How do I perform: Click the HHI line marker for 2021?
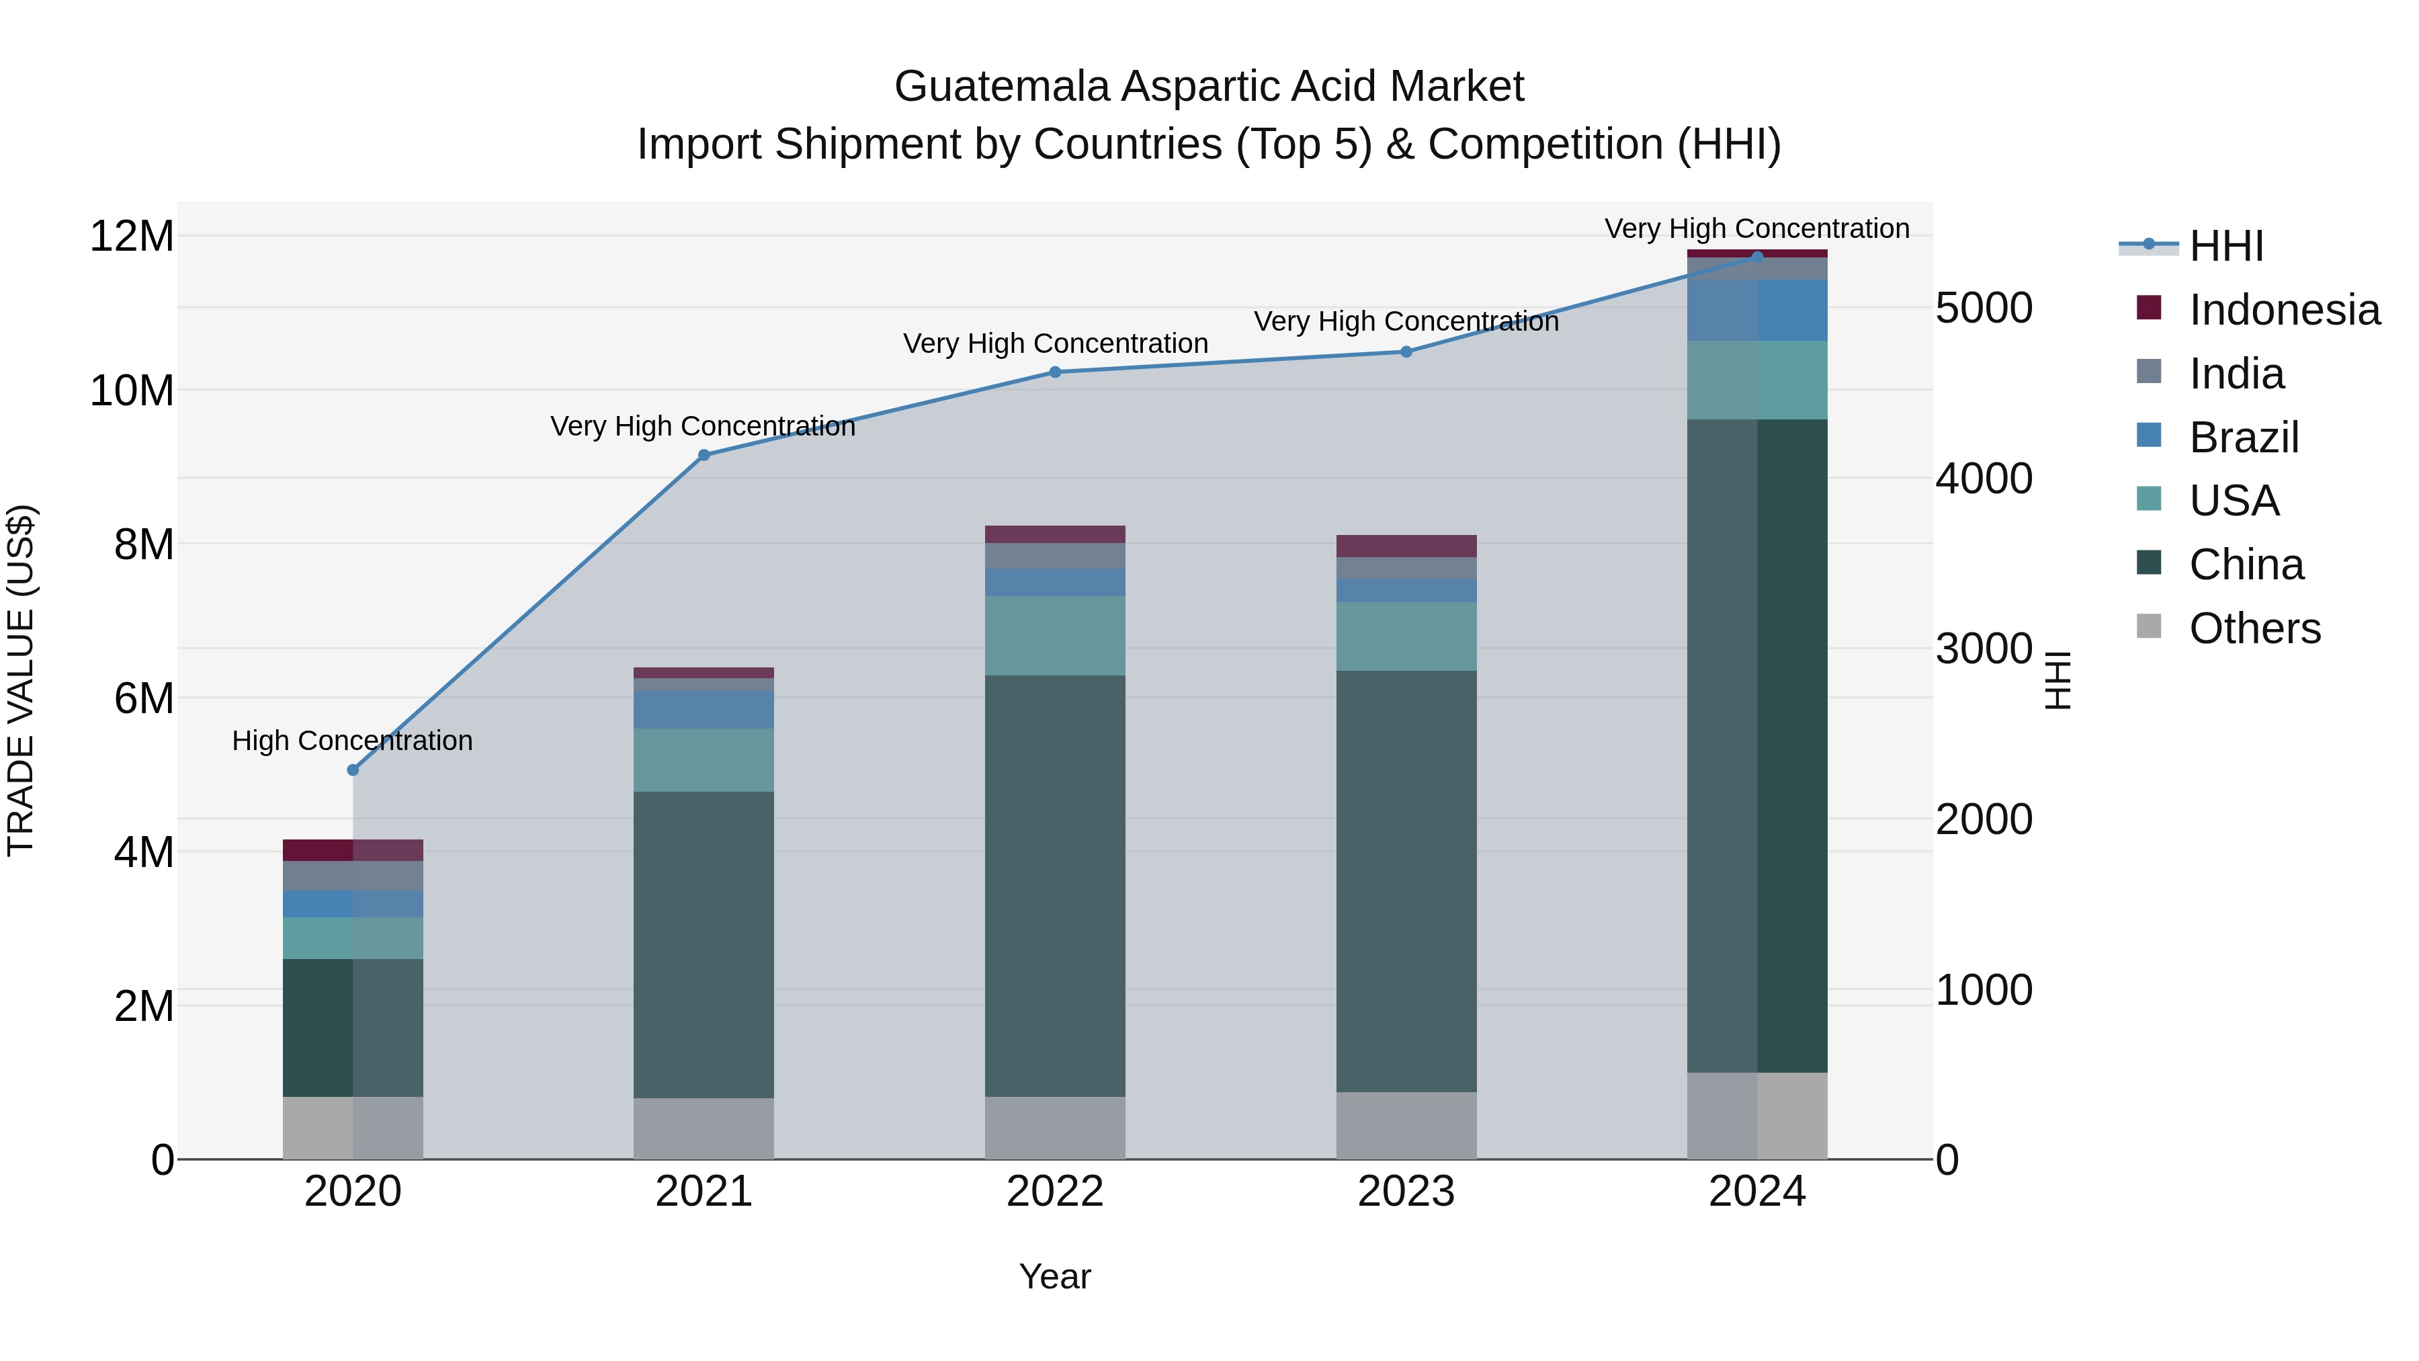[704, 456]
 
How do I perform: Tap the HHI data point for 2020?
[353, 770]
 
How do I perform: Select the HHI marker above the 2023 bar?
[1406, 352]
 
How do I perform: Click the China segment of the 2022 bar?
[1054, 886]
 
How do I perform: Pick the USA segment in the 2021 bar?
[704, 760]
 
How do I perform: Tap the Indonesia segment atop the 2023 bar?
[1406, 546]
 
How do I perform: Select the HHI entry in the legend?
[2225, 246]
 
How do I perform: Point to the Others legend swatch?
[2149, 626]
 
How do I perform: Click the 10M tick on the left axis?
[132, 390]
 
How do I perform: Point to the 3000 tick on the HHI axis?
[1984, 649]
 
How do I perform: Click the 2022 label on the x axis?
[1054, 1192]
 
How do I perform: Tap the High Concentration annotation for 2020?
[352, 741]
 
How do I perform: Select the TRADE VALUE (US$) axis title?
[21, 680]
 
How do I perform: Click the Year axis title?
[1054, 1276]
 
